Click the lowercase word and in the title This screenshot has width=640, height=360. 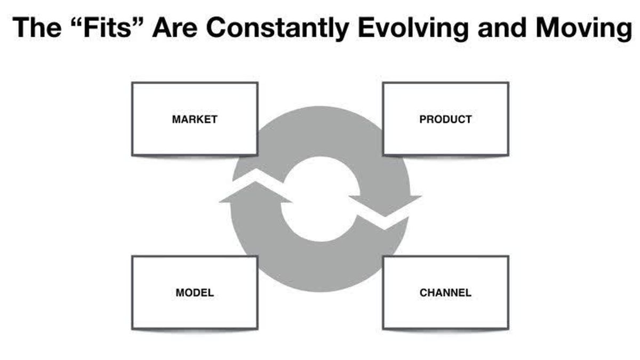pyautogui.click(x=499, y=28)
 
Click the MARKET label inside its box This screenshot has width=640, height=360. pyautogui.click(x=195, y=119)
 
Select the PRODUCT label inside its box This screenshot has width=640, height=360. pyautogui.click(x=445, y=119)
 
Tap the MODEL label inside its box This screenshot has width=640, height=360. pyautogui.click(x=195, y=293)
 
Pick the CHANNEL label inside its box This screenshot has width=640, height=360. pyautogui.click(x=445, y=293)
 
